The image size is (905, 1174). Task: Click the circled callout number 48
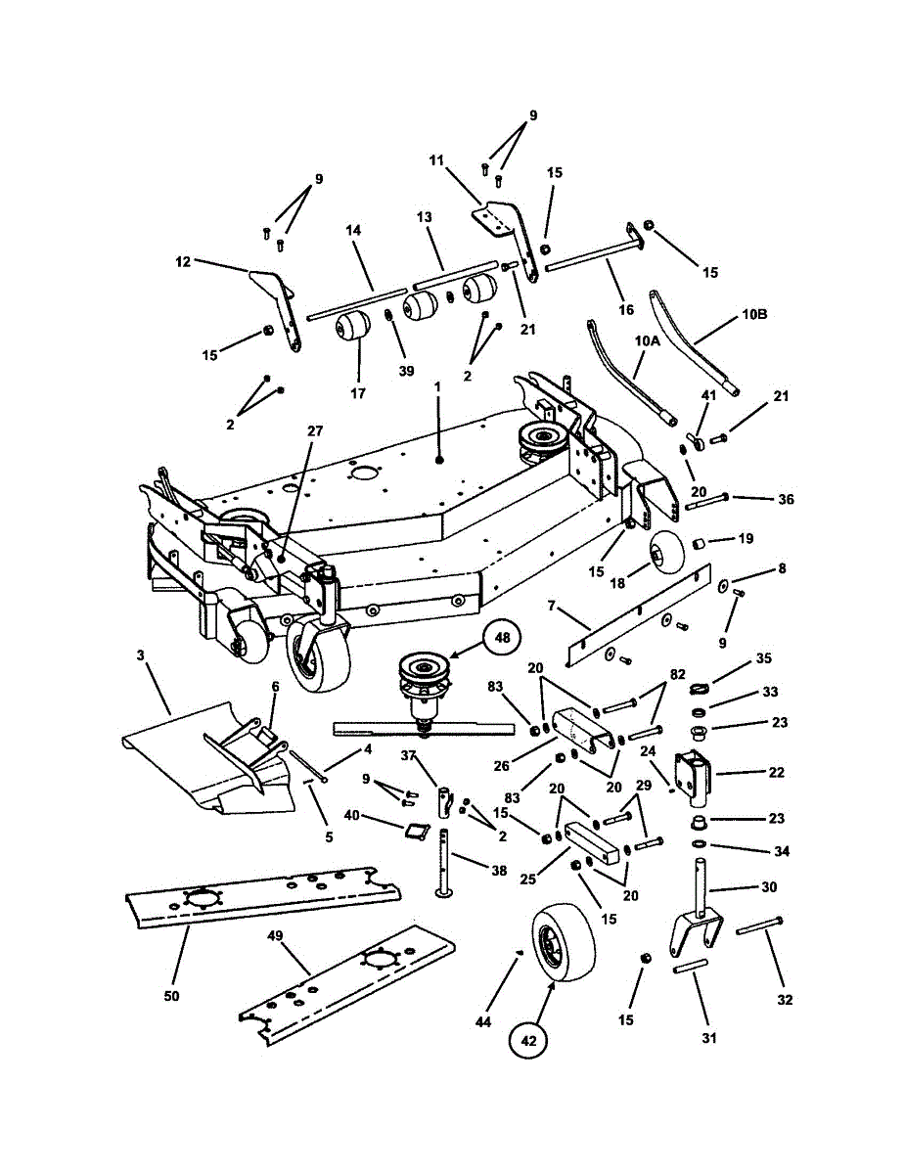[502, 638]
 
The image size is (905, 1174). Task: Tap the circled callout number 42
[528, 1042]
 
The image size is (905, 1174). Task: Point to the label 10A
[647, 341]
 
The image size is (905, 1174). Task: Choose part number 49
[275, 936]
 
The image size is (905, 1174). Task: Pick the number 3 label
[142, 655]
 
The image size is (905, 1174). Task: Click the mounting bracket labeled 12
[278, 303]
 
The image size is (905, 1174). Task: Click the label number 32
[785, 1000]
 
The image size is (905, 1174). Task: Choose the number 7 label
[551, 607]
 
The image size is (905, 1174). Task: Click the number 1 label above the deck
[437, 386]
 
